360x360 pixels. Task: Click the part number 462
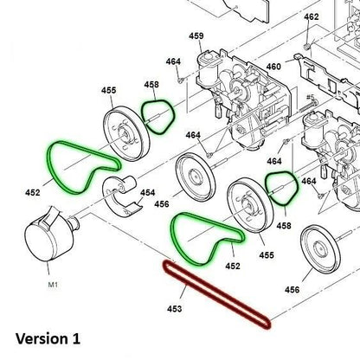pos(311,17)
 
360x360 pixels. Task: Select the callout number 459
pos(196,35)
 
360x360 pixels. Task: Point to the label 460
pos(274,67)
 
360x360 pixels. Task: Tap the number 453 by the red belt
pos(176,307)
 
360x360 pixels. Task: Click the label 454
pos(148,192)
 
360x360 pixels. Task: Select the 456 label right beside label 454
pos(162,204)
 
